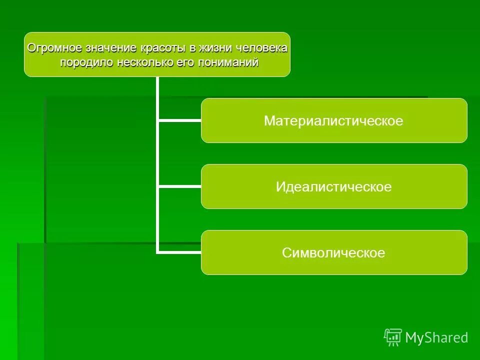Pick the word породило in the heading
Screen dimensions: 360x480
[86, 63]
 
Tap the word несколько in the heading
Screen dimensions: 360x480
[141, 63]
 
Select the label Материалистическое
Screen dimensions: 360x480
[333, 121]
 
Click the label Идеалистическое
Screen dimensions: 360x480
[333, 187]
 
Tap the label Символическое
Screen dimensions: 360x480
[333, 253]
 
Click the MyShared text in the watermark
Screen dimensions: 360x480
[436, 338]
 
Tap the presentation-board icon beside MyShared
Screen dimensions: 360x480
[393, 337]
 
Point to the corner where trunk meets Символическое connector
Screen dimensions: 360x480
[158, 252]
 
